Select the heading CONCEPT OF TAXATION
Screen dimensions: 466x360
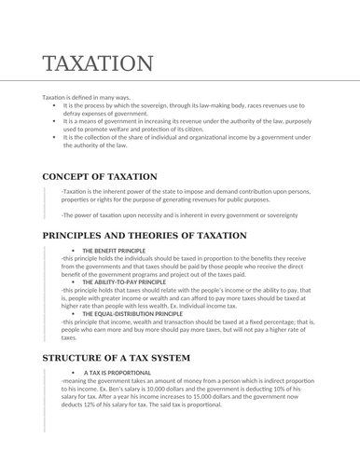click(100, 176)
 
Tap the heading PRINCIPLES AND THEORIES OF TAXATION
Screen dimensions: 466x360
click(145, 236)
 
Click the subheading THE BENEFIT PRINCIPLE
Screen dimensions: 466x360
click(114, 252)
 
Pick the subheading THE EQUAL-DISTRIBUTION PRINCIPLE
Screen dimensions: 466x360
click(132, 314)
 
